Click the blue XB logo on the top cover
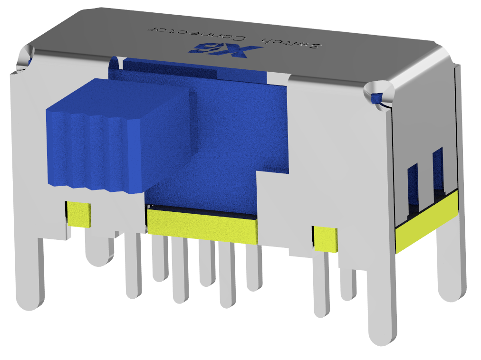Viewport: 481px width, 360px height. point(228,49)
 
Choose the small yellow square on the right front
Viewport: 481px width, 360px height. point(325,239)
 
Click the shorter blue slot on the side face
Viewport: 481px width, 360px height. point(412,188)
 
